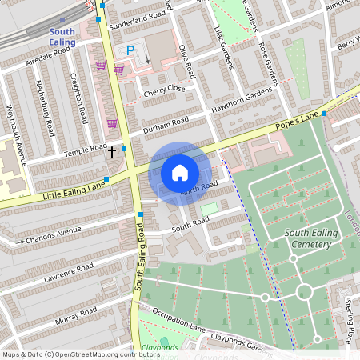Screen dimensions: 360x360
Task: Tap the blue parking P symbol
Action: (130, 50)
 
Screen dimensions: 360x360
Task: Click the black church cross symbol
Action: (112, 150)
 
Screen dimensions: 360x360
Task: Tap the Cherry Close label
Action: (164, 91)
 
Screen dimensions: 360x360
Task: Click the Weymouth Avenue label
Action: (17, 134)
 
